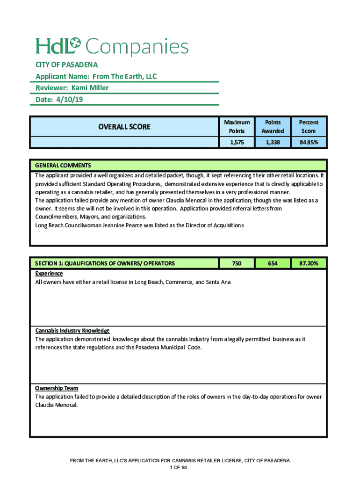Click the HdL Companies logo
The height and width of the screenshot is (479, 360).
pyautogui.click(x=112, y=46)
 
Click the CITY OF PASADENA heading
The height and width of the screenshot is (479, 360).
pyautogui.click(x=66, y=65)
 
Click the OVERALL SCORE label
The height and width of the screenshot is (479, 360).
pyautogui.click(x=124, y=126)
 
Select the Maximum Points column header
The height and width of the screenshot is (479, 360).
pyautogui.click(x=237, y=126)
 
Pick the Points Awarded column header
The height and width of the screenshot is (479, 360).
pyautogui.click(x=273, y=126)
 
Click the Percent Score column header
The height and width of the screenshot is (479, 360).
pyautogui.click(x=309, y=126)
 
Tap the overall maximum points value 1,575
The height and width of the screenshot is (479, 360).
pyautogui.click(x=237, y=143)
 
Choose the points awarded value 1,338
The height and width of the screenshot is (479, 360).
pyautogui.click(x=273, y=143)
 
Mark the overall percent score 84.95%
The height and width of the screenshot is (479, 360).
pyautogui.click(x=309, y=143)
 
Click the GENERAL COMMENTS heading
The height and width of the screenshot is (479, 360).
pyautogui.click(x=63, y=166)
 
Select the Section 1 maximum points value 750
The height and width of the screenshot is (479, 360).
pyautogui.click(x=237, y=263)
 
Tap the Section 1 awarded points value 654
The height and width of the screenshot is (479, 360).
pyautogui.click(x=273, y=263)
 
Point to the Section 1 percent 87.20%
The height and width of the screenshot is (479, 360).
pyautogui.click(x=309, y=263)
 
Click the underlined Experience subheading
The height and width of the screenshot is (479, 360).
pyautogui.click(x=49, y=274)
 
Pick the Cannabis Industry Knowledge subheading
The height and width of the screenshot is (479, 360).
pyautogui.click(x=72, y=331)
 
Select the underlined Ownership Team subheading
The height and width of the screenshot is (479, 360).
pyautogui.click(x=57, y=388)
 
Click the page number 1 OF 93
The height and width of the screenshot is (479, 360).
pyautogui.click(x=180, y=468)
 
